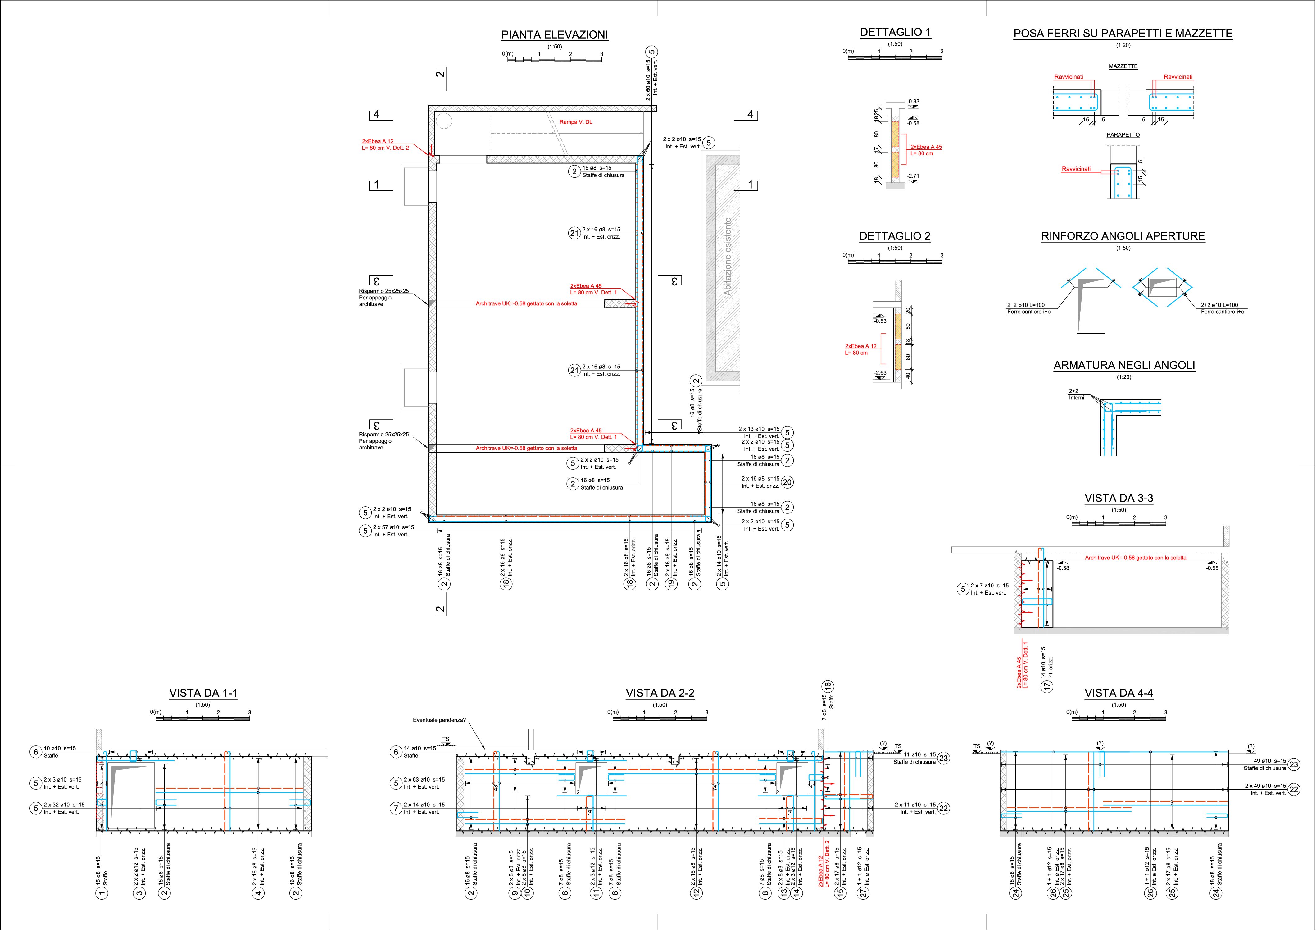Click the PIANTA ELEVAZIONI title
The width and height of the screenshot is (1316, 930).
554,35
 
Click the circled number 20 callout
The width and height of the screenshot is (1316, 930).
787,482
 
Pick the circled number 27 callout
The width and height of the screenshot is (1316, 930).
864,892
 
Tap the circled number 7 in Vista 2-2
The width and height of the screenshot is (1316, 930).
396,809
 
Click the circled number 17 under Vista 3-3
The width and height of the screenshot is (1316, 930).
1047,686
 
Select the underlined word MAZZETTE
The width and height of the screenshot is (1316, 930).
1123,66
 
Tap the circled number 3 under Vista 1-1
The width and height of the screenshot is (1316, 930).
140,892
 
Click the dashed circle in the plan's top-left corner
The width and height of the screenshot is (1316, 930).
444,121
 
